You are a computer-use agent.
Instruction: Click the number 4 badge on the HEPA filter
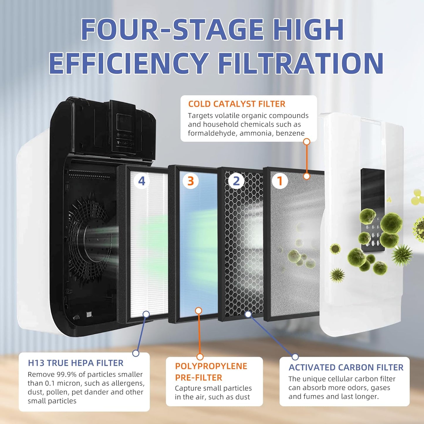[x=142, y=181]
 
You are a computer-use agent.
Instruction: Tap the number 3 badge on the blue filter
[x=190, y=181]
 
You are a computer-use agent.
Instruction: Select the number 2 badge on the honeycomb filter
[x=236, y=181]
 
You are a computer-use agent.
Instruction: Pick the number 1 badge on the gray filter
[x=280, y=181]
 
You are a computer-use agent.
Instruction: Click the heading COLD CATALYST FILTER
[x=237, y=104]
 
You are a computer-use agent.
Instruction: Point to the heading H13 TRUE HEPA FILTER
[x=75, y=363]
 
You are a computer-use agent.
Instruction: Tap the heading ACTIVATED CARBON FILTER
[x=346, y=367]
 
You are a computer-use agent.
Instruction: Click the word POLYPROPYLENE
[x=211, y=366]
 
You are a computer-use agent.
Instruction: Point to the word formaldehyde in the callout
[x=212, y=133]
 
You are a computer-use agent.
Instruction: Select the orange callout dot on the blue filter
[x=198, y=310]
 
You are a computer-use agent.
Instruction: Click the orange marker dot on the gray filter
[x=307, y=176]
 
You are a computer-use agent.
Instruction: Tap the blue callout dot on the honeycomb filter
[x=248, y=314]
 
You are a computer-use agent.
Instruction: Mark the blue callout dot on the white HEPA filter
[x=146, y=314]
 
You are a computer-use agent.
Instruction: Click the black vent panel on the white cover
[x=373, y=210]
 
